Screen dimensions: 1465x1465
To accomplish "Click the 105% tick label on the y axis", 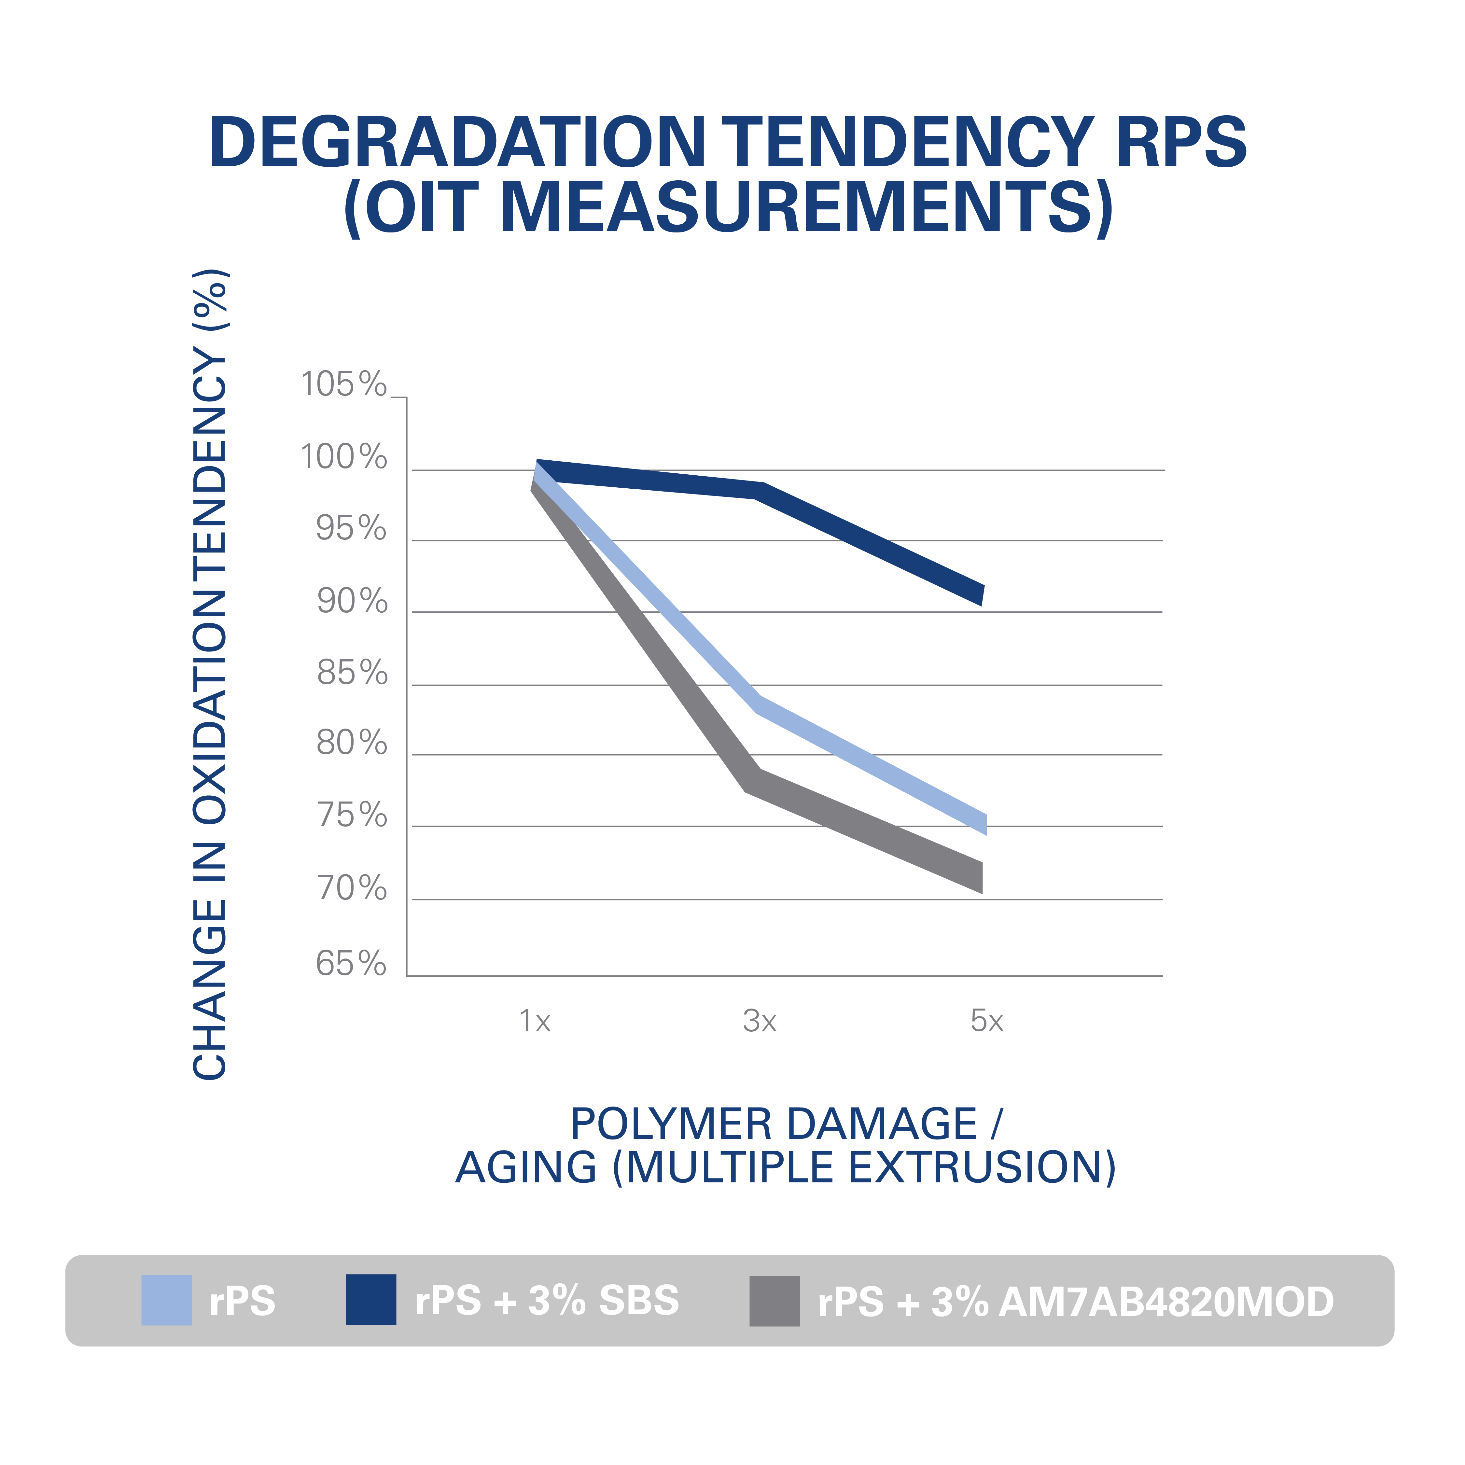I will (343, 384).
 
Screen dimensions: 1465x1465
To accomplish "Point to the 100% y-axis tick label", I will (343, 457).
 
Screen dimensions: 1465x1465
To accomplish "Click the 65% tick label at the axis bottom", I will (351, 964).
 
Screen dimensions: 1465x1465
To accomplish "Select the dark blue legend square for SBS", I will (371, 1301).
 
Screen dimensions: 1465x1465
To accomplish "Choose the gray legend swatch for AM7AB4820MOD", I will (774, 1301).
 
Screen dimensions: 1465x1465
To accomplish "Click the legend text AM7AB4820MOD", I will (1166, 1302).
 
